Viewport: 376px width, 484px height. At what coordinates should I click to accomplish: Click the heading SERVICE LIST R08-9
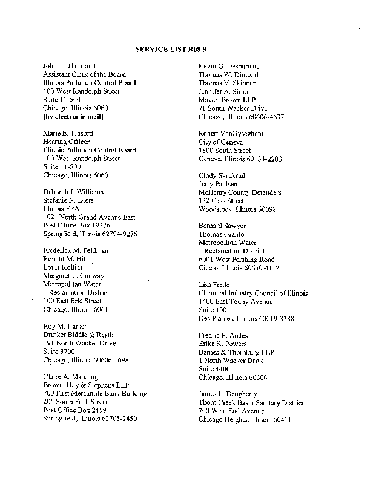click(x=167, y=50)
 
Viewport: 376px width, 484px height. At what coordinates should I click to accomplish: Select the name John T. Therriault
click(x=69, y=66)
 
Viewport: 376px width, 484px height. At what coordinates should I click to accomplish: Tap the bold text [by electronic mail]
click(x=73, y=116)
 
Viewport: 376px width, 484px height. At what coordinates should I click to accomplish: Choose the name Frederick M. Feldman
click(x=76, y=250)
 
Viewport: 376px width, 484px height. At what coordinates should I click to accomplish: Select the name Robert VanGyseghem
click(x=231, y=133)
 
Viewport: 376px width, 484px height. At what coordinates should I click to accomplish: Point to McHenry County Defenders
click(x=240, y=192)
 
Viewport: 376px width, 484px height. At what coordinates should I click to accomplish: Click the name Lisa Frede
click(x=214, y=284)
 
